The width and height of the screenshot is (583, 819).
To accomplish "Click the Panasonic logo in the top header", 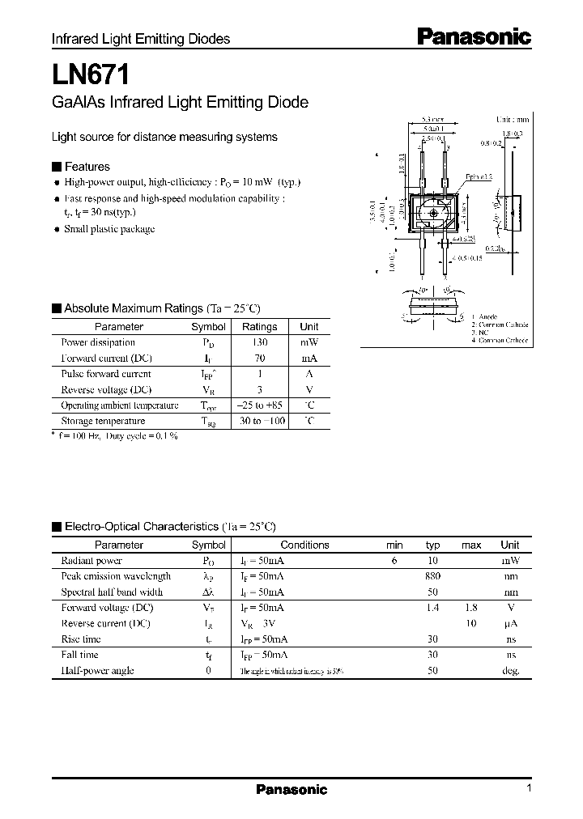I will [x=474, y=36].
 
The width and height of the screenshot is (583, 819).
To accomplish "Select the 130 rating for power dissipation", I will [x=259, y=342].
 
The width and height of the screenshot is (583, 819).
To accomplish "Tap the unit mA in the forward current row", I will [x=309, y=358].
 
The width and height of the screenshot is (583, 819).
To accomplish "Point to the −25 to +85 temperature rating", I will [x=259, y=405].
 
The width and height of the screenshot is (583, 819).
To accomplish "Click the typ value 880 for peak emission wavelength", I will [x=433, y=576].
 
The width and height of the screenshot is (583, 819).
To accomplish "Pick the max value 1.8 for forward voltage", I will [x=471, y=608].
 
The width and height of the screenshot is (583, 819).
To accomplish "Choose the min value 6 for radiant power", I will [x=394, y=561].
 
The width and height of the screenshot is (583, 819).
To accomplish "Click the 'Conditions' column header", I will [x=304, y=545].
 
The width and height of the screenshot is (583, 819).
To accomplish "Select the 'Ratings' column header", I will [x=259, y=327].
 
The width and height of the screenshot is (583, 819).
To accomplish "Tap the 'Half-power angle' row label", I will [x=98, y=670].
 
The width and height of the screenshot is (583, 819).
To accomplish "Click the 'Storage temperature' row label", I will [x=103, y=421].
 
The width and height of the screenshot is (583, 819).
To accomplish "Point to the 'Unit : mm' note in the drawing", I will [x=512, y=119].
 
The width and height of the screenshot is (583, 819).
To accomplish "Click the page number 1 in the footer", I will [x=529, y=788].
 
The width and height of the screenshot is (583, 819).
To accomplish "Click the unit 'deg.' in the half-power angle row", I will [x=509, y=670].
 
